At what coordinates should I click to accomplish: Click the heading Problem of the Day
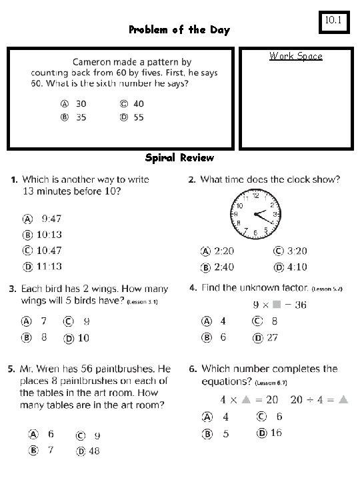tap(179, 30)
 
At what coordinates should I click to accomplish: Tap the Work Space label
tap(295, 56)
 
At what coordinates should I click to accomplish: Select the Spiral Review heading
tap(179, 158)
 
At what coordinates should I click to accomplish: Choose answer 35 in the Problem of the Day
tap(73, 117)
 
